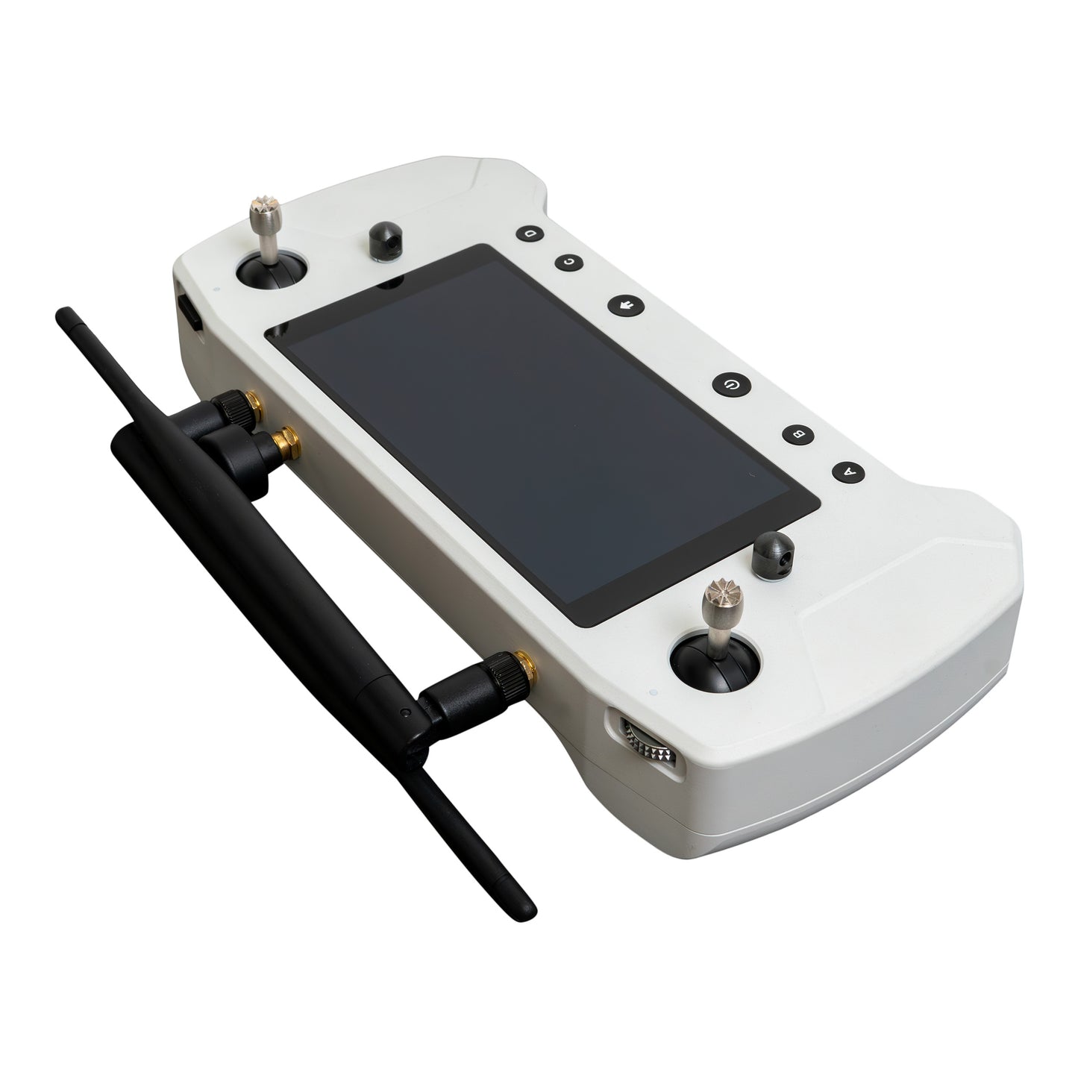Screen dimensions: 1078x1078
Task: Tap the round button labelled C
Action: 569,262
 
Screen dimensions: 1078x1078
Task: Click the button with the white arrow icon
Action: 626,305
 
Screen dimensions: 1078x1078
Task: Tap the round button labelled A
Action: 849,472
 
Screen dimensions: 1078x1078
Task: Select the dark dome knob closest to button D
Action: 386,241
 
